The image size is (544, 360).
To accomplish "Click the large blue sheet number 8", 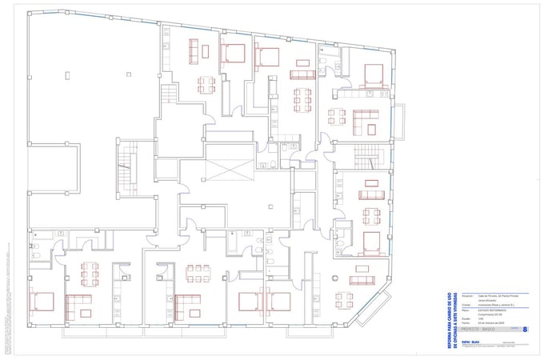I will tap(525, 329).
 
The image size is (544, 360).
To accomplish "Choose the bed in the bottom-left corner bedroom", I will tap(42, 302).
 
